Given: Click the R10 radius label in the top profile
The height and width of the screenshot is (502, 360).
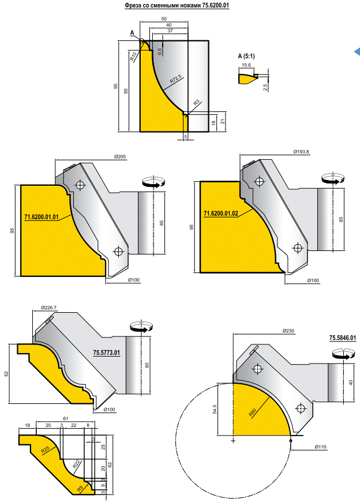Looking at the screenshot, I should [133, 56].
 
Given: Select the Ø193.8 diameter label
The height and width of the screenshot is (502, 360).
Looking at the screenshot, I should [302, 152].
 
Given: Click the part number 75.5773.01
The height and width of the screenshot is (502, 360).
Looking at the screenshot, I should [106, 352].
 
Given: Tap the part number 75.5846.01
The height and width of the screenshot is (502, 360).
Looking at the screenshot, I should [343, 338].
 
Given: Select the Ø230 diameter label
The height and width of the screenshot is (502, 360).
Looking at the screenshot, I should [289, 331].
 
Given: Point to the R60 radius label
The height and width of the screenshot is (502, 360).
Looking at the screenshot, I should [253, 413].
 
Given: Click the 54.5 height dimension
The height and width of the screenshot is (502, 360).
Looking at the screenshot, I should [215, 409].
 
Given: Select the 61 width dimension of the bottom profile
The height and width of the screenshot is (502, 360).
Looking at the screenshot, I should [66, 418].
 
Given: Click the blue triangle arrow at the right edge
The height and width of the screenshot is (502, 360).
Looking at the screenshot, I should [357, 53].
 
